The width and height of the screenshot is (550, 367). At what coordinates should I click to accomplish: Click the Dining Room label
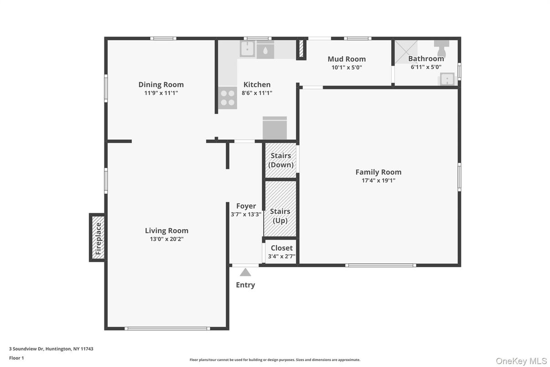click(x=161, y=84)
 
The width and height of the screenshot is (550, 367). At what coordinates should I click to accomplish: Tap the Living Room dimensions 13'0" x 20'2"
click(x=167, y=239)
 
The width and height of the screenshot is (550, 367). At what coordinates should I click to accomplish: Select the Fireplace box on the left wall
click(x=98, y=237)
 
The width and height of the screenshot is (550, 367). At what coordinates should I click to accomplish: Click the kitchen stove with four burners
click(x=228, y=98)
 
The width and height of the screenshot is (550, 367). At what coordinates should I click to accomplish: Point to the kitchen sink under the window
click(x=247, y=49)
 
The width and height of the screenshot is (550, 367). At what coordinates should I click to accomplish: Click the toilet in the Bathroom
click(x=441, y=48)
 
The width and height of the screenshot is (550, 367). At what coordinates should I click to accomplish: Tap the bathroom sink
click(x=447, y=79)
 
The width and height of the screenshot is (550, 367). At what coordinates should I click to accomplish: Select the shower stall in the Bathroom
click(x=406, y=52)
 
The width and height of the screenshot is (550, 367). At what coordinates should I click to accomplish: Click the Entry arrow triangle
click(x=245, y=272)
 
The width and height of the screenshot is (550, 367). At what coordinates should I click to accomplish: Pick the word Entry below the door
click(x=245, y=285)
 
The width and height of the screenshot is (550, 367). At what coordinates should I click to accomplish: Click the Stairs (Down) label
click(x=280, y=160)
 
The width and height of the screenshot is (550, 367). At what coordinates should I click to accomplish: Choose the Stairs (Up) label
click(x=280, y=216)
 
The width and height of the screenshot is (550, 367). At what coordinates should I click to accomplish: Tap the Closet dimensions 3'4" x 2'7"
click(x=282, y=257)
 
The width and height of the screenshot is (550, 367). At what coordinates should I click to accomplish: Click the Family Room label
click(x=379, y=172)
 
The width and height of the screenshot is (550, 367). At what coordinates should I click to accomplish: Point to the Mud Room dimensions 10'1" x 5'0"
click(x=347, y=68)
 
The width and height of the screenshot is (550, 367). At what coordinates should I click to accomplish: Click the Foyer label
click(x=246, y=206)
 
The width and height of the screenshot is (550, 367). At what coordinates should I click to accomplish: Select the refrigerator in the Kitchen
click(x=275, y=128)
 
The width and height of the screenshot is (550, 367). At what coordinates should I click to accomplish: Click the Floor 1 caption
click(x=16, y=358)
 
